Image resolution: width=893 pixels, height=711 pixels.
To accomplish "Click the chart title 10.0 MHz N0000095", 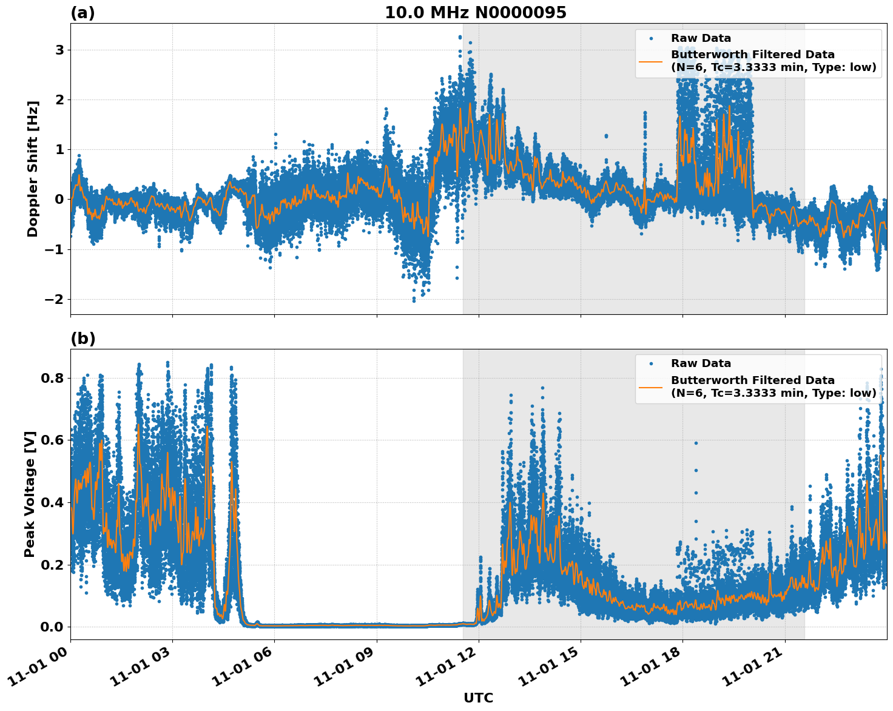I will (475, 13).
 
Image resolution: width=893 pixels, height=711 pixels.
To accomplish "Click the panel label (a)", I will (83, 13).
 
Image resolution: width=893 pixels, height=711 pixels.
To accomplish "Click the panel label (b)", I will (83, 339).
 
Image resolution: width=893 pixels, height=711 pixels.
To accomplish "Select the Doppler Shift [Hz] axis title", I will (33, 169).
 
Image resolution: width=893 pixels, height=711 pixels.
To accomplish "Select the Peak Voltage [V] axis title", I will (30, 494).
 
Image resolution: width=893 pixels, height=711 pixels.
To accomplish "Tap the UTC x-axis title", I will (478, 698).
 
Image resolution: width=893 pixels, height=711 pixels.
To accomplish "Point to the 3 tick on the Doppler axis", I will (59, 50).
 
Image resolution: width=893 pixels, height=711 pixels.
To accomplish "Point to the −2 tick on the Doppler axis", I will (55, 299).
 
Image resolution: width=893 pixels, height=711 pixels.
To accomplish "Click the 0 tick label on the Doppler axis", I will (59, 199).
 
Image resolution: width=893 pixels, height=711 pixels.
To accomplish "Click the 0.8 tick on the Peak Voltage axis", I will (52, 378).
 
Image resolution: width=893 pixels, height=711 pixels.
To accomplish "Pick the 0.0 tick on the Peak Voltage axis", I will (52, 627).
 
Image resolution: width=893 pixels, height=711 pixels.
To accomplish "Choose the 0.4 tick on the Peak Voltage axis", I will (52, 502).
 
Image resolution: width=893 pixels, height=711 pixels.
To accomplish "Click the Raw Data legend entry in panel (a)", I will (701, 38).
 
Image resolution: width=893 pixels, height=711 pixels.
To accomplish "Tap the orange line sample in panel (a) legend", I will (650, 61).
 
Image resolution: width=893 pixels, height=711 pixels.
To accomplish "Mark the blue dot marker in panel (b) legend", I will (650, 363).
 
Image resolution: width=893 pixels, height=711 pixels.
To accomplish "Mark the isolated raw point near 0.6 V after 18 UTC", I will (696, 443).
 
